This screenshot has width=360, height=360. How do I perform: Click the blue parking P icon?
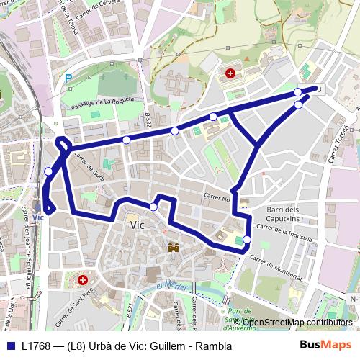[x=68, y=77]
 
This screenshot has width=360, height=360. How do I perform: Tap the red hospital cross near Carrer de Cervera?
[x=230, y=73]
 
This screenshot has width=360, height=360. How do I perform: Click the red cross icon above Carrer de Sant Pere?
[x=83, y=279]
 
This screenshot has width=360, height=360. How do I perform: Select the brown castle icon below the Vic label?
[x=174, y=248]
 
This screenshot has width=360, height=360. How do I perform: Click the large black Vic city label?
[x=137, y=225]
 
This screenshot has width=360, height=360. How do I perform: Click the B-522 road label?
[x=148, y=120]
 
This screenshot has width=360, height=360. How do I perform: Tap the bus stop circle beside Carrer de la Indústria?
[x=247, y=240]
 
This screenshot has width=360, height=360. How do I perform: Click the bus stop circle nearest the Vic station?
[x=48, y=171]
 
